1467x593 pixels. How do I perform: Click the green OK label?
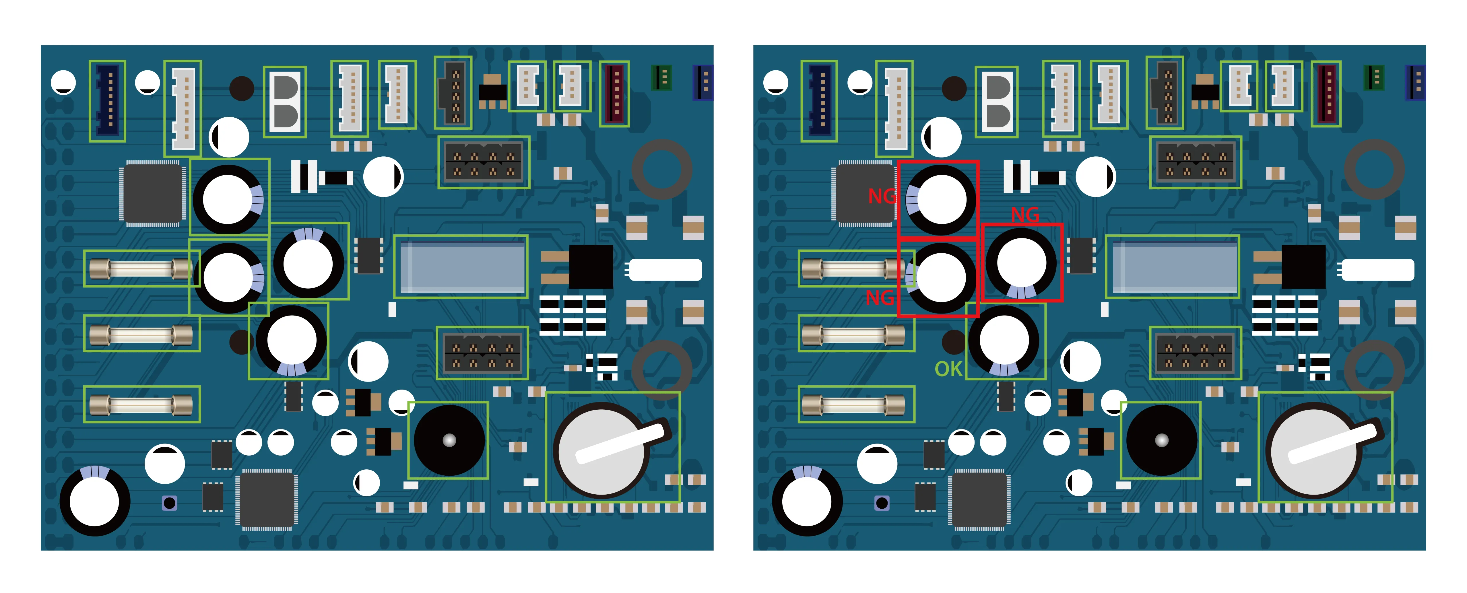948,369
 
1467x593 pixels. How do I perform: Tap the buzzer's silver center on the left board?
449,440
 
